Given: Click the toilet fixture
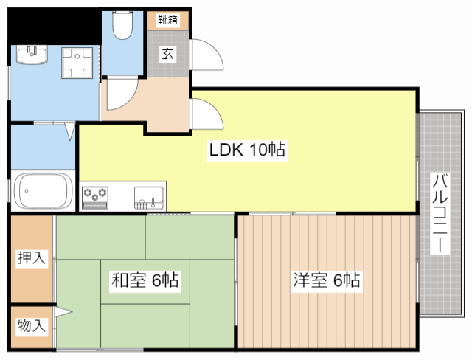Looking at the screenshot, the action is [x=122, y=25].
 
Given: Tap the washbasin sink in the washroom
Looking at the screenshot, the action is [x=32, y=55].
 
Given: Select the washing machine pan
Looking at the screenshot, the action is [x=77, y=63].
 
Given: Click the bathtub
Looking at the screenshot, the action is [x=44, y=190].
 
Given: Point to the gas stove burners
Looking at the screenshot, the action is [x=95, y=198].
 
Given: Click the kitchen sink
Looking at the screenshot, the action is [x=149, y=198].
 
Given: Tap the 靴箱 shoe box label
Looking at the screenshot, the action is [x=168, y=20].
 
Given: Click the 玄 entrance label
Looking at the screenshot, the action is [x=167, y=54].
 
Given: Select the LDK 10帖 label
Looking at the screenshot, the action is [x=247, y=150].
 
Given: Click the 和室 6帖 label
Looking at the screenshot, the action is [x=145, y=280].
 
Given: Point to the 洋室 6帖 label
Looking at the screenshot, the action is [x=327, y=280].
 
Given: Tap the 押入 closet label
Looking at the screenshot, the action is [x=32, y=257].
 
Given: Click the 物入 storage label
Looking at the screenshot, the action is [x=32, y=325].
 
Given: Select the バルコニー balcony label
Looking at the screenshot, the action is [x=440, y=213].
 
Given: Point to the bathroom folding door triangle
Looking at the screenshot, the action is [x=70, y=131].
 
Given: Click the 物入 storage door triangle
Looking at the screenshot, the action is [x=63, y=312].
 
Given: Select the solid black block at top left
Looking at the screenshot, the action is [x=54, y=27].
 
